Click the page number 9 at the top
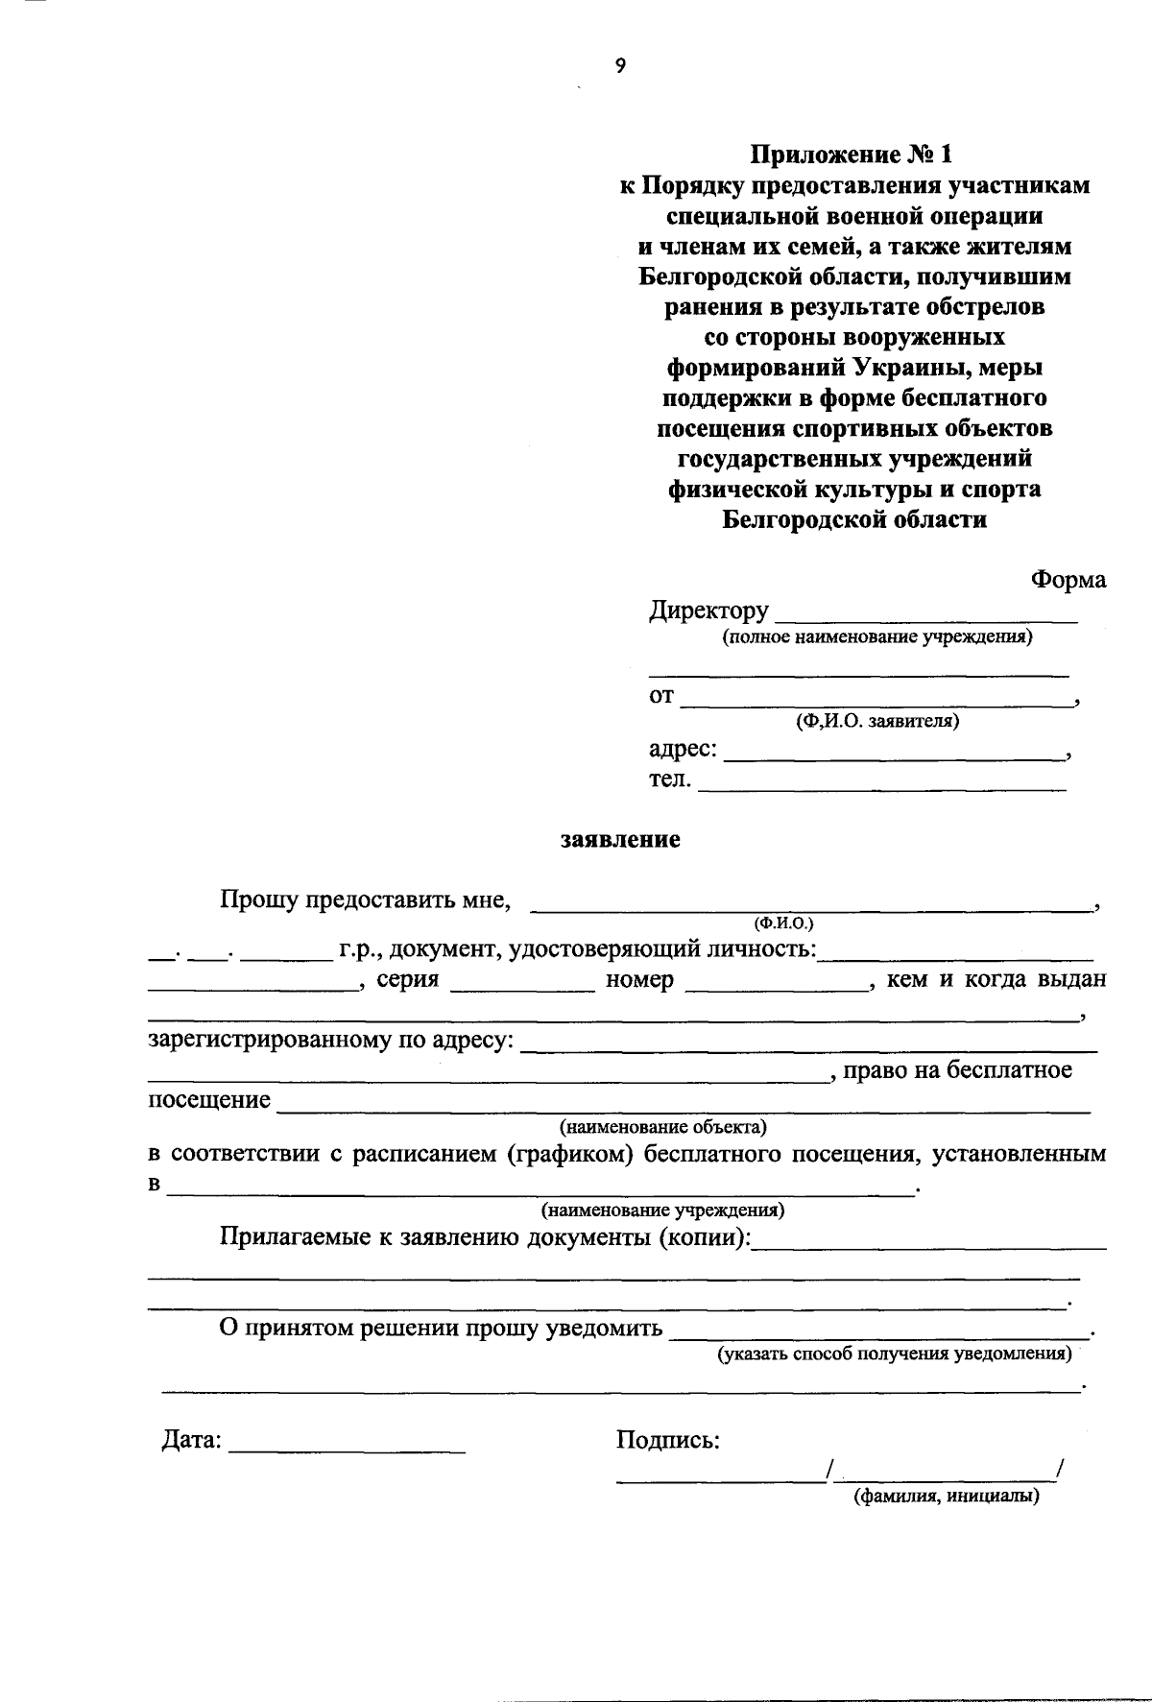(x=620, y=65)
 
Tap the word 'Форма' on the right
(x=1068, y=580)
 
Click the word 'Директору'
(x=709, y=611)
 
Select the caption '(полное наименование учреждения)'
(x=877, y=636)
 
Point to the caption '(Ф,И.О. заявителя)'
(x=877, y=721)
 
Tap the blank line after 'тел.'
(x=881, y=787)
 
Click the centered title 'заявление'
(x=620, y=840)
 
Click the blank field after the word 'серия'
(x=522, y=986)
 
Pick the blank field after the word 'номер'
(x=778, y=986)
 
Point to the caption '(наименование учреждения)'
(x=663, y=1210)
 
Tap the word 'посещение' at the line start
(x=209, y=1100)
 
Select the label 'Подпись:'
(x=668, y=1440)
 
